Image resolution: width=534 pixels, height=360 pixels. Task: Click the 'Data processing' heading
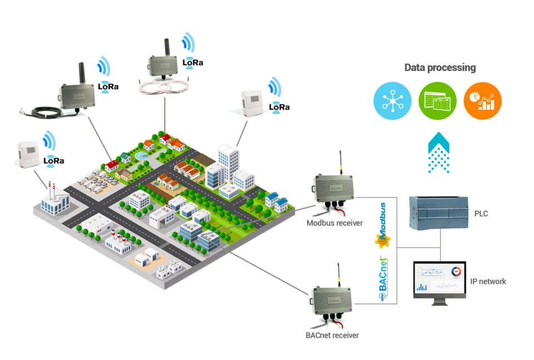[x=439, y=67]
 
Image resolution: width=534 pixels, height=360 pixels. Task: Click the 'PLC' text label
[x=482, y=213]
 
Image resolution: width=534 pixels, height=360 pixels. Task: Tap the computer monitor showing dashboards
[x=439, y=281]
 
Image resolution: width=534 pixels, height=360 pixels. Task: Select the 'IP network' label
[x=488, y=282]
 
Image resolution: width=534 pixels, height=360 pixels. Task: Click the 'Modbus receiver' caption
[x=335, y=223]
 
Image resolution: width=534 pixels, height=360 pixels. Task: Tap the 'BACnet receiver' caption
[x=332, y=336]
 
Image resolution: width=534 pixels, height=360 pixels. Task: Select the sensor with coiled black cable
[x=76, y=95]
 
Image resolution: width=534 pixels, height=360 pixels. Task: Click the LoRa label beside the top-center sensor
[x=192, y=62]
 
